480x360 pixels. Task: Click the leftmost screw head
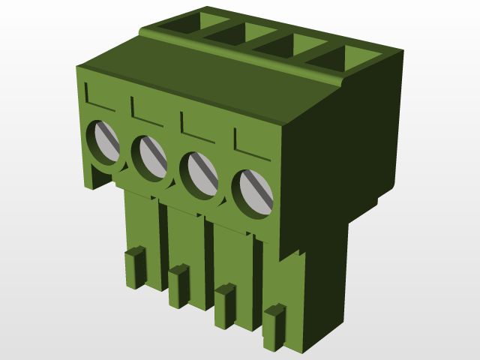[x=104, y=142]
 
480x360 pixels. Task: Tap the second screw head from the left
[x=151, y=156]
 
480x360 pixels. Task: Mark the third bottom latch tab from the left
[x=224, y=306]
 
